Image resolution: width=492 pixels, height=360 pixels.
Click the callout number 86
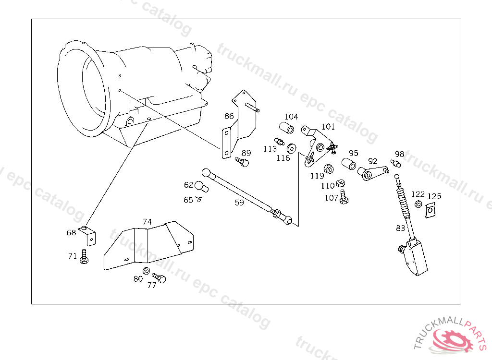point(229,116)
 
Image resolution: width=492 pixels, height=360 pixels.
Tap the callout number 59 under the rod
point(239,203)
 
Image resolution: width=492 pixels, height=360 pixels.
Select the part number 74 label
point(147,222)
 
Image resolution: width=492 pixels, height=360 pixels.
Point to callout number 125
point(434,196)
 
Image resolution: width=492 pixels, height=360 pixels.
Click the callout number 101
point(328,127)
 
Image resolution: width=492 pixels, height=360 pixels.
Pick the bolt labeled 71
point(85,256)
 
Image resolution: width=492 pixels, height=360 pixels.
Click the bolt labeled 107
point(344,197)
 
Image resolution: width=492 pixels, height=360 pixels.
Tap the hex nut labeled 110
point(339,183)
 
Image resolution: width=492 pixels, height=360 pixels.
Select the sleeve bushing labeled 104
point(287,129)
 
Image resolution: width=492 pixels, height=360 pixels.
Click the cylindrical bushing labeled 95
point(348,164)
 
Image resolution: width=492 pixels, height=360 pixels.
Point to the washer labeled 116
point(291,147)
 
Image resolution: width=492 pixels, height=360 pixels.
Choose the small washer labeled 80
point(146,271)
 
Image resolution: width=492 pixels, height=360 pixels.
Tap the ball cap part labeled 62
point(200,186)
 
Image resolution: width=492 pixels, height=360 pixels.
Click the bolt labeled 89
point(242,162)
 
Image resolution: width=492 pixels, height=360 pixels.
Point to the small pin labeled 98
point(396,164)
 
